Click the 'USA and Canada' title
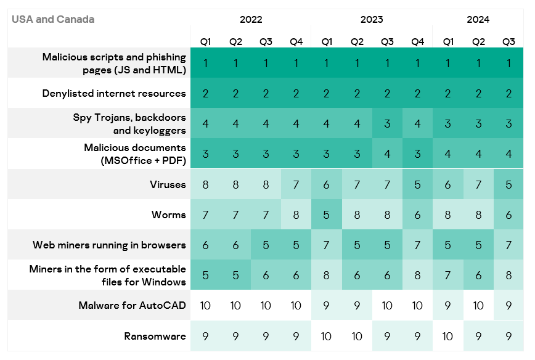[x=53, y=19]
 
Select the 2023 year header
[x=372, y=19]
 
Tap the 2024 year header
[x=478, y=19]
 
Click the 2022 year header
[x=251, y=19]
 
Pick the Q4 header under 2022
[x=296, y=42]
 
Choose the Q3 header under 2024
[x=508, y=42]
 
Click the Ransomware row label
[x=155, y=337]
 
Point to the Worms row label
[x=168, y=215]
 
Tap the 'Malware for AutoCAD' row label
[x=132, y=306]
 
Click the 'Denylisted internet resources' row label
[x=114, y=94]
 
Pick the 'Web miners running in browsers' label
[x=109, y=245]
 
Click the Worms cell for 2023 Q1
[x=327, y=215]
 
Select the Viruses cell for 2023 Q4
[x=417, y=185]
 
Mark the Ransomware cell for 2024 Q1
[x=447, y=337]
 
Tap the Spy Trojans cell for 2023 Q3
[x=387, y=124]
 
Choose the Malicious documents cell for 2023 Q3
[x=387, y=154]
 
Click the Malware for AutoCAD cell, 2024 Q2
[x=478, y=306]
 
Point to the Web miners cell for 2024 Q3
[x=508, y=245]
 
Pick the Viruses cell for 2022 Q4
[x=296, y=185]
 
